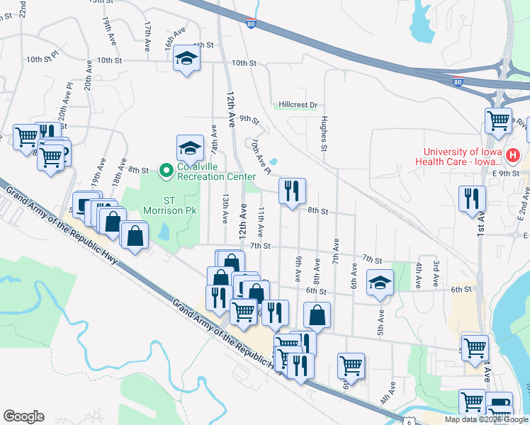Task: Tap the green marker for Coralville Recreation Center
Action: click(x=167, y=170)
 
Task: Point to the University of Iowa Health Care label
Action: click(x=463, y=156)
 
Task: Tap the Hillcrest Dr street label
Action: click(x=298, y=104)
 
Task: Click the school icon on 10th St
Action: click(x=186, y=59)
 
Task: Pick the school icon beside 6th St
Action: click(x=380, y=283)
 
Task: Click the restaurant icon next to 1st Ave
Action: click(x=472, y=198)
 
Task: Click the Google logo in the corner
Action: click(x=24, y=416)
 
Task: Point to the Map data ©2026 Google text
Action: click(x=486, y=419)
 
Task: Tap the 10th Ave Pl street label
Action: click(x=259, y=157)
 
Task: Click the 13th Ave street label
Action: click(x=225, y=210)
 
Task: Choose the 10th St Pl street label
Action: click(x=40, y=60)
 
